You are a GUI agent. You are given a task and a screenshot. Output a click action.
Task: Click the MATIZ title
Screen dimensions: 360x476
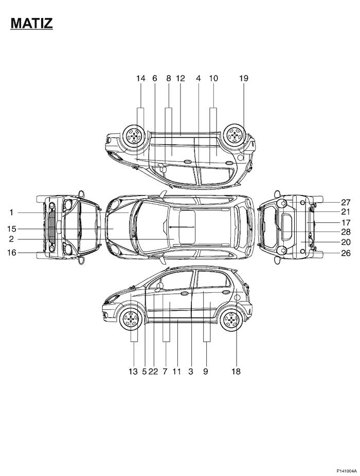click(x=31, y=23)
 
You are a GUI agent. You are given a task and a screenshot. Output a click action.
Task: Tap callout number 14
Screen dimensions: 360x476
click(x=140, y=78)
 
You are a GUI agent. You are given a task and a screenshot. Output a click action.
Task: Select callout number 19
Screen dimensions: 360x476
click(x=244, y=78)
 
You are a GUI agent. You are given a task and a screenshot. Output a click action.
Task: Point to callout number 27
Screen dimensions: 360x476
click(x=346, y=202)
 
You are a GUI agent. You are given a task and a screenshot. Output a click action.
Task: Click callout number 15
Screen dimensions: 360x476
click(x=12, y=229)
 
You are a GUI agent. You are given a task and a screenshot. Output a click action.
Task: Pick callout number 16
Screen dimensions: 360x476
click(x=12, y=252)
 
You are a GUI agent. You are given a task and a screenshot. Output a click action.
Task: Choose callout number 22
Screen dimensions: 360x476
click(x=153, y=371)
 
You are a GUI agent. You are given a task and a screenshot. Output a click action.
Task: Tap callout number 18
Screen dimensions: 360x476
click(x=236, y=371)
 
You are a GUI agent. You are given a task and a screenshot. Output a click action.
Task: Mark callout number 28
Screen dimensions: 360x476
click(x=346, y=232)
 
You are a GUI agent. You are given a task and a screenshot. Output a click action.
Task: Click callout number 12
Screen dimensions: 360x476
click(x=181, y=78)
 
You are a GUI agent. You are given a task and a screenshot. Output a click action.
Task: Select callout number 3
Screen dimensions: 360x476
click(x=190, y=371)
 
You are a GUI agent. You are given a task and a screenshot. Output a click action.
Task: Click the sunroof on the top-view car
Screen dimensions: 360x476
click(x=187, y=227)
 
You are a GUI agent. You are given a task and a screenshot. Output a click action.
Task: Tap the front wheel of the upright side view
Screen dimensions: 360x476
click(x=131, y=319)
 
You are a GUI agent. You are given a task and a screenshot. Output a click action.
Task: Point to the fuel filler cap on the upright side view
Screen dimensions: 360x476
click(x=237, y=297)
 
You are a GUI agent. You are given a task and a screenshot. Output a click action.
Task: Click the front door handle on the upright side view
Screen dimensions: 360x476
click(x=184, y=293)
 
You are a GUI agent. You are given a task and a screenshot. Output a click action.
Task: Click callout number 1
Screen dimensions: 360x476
click(x=11, y=213)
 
